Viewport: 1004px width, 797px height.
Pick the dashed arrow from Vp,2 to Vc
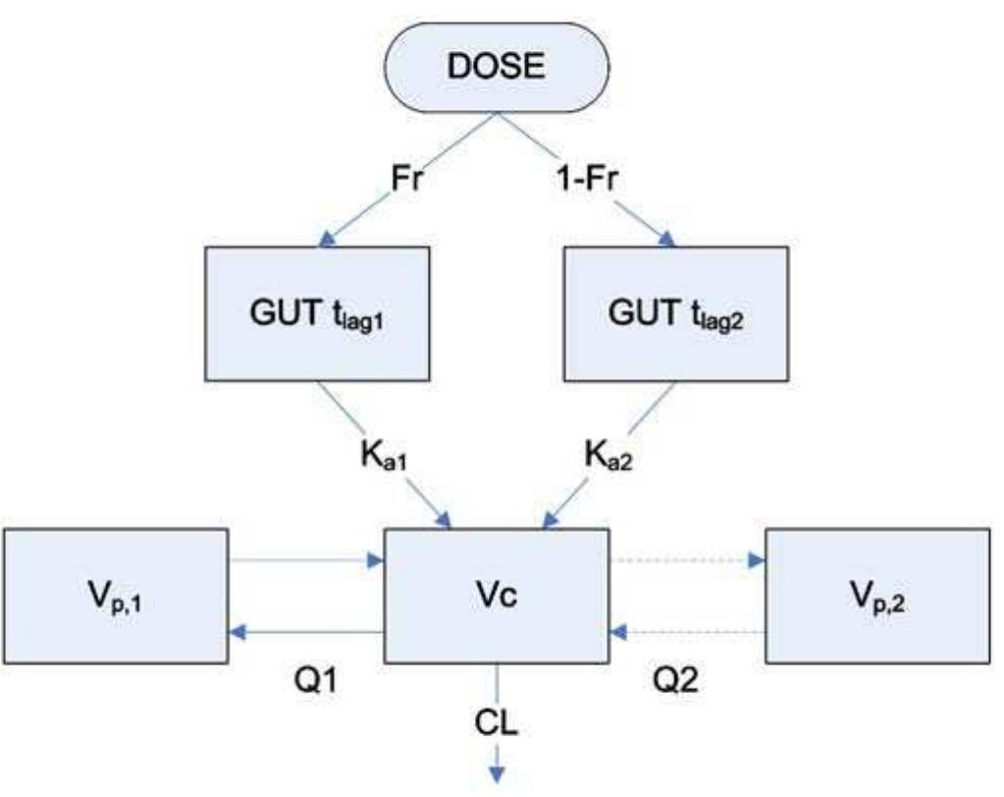coord(687,633)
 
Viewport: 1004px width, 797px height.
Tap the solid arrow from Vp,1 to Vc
coord(305,562)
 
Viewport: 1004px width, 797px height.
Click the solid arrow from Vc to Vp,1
coord(305,633)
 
